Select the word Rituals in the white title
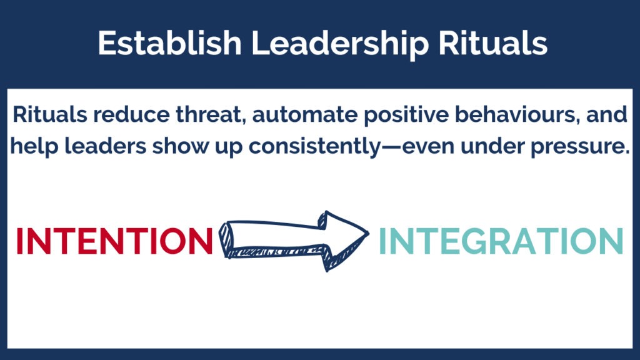(x=492, y=43)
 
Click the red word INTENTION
(x=115, y=241)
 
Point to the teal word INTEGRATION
(x=501, y=241)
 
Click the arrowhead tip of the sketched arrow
(x=369, y=234)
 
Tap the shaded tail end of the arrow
(x=225, y=240)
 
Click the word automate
(x=305, y=115)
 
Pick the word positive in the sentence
(x=406, y=115)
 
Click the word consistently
(x=314, y=146)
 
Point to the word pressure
(x=580, y=147)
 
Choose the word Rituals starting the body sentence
(x=50, y=114)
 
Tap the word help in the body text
(x=34, y=147)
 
